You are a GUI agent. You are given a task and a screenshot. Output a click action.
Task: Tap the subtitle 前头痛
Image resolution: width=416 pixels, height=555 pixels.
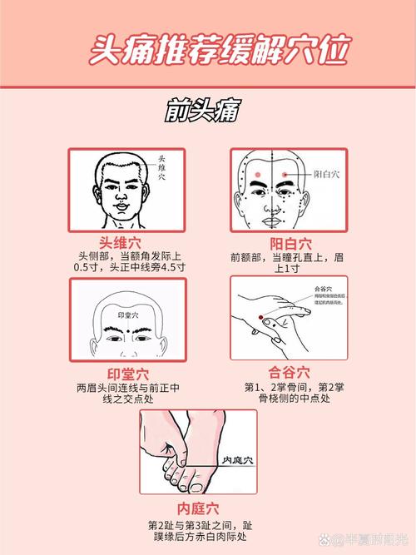coord(207,110)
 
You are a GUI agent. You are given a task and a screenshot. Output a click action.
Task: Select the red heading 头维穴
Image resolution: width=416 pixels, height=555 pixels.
coord(126,243)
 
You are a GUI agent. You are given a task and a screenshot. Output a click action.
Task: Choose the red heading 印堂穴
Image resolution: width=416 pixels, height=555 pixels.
coord(126,372)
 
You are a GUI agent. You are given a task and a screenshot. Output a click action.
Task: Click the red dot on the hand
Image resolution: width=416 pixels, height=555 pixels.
coord(260,317)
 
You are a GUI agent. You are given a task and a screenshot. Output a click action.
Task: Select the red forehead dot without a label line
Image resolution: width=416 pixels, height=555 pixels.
coord(257,175)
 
